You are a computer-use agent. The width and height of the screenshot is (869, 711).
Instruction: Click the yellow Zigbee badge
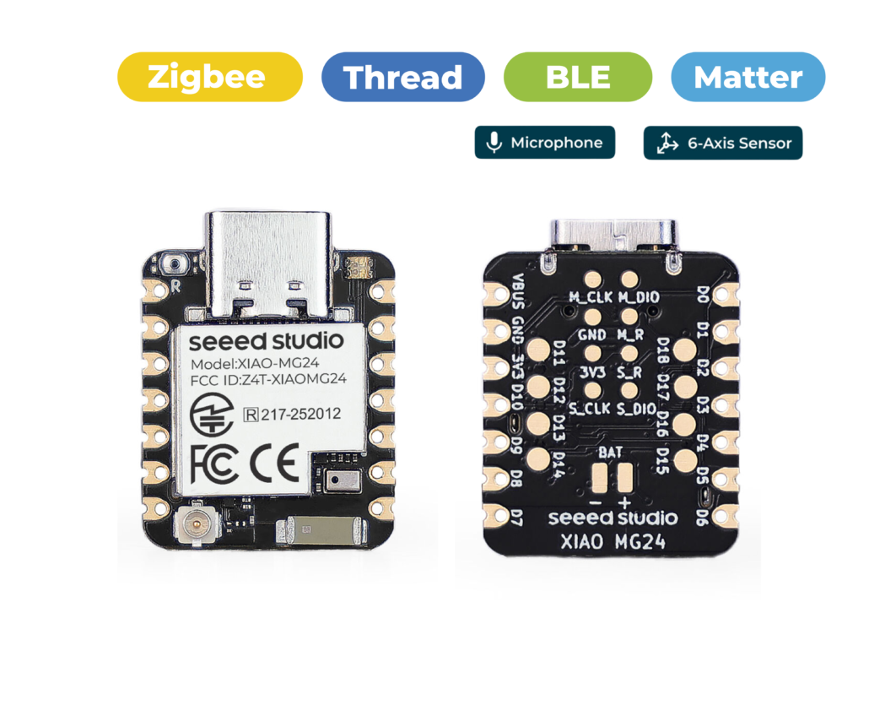click(210, 77)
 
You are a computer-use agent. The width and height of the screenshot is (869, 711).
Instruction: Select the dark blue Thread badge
click(403, 77)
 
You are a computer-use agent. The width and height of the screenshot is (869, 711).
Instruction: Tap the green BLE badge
click(577, 77)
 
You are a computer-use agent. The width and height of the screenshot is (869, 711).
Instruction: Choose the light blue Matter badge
click(748, 77)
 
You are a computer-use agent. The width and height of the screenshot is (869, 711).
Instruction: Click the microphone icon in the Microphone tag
click(494, 143)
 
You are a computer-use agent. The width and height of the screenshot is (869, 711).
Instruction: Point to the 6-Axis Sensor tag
click(723, 143)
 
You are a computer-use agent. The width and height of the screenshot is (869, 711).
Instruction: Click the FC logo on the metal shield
click(213, 464)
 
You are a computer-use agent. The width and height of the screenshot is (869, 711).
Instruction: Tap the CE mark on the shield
click(274, 463)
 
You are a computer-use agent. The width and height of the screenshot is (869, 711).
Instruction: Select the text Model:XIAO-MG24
click(255, 364)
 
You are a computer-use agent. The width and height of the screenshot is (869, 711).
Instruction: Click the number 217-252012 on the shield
click(300, 414)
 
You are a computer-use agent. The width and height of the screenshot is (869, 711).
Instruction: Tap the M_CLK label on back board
click(591, 297)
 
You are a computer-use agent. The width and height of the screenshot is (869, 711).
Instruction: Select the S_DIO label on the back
click(637, 410)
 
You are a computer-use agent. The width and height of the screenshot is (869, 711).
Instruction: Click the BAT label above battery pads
click(610, 453)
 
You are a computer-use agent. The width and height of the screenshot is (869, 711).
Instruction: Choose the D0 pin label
click(703, 294)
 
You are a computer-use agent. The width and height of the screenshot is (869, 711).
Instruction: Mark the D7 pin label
click(516, 518)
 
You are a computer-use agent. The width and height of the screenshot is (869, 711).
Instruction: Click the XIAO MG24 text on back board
click(613, 541)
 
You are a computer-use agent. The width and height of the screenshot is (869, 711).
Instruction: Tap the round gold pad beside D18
click(686, 350)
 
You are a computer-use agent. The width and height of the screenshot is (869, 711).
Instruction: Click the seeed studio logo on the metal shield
click(266, 340)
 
